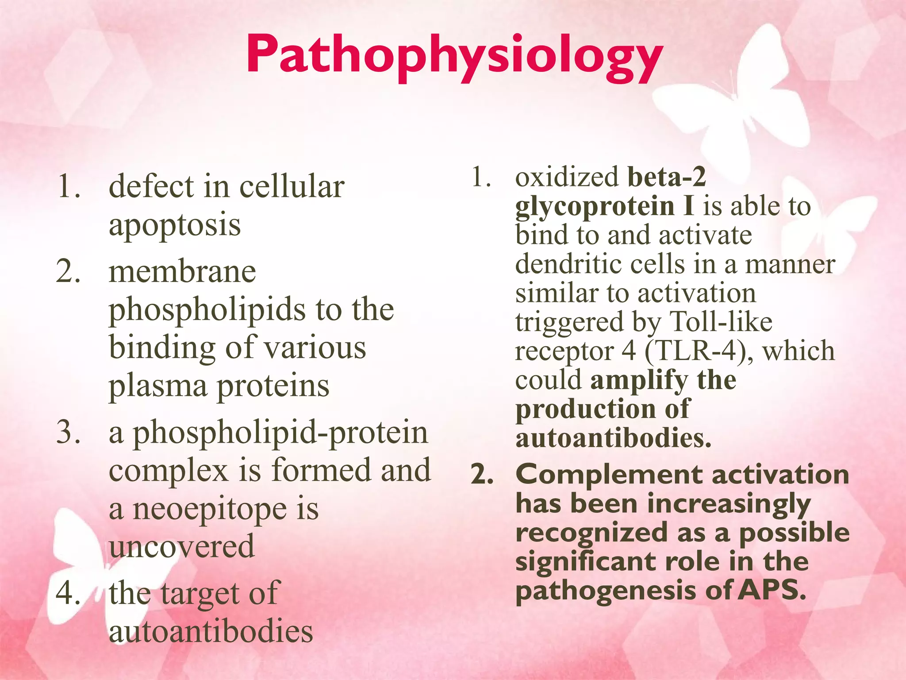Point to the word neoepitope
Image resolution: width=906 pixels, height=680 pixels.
[x=210, y=510]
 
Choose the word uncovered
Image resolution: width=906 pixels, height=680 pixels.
[x=182, y=546]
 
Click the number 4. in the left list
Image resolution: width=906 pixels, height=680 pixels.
[x=69, y=592]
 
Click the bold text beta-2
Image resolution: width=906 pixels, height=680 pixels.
[x=667, y=177]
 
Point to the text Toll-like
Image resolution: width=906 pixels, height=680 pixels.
[x=721, y=322]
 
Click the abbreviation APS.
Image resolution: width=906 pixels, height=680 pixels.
[x=772, y=590]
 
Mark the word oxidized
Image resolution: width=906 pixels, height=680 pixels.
[x=567, y=177]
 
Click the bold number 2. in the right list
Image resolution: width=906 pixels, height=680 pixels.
[x=483, y=475]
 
